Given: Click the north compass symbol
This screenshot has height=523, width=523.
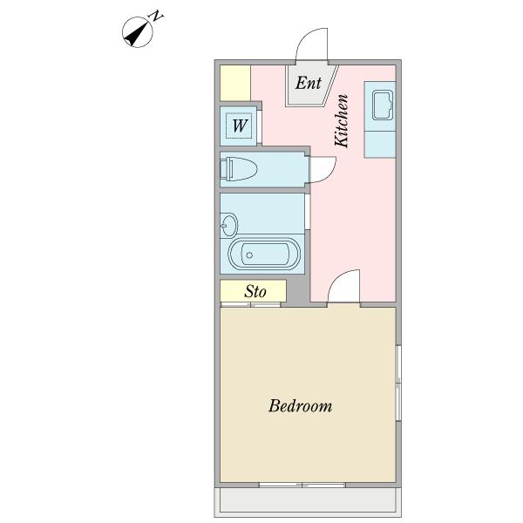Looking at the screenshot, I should (x=138, y=32).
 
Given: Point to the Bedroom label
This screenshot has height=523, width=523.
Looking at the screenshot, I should (x=300, y=406).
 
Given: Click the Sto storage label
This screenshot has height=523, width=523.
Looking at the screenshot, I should (x=254, y=291).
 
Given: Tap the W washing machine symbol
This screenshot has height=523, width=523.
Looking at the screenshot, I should (x=240, y=126).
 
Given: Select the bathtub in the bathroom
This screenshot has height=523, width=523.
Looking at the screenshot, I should (x=263, y=255).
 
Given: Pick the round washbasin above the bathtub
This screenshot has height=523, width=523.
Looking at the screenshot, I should (x=228, y=225).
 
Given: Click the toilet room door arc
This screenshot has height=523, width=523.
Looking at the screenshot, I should (x=321, y=168).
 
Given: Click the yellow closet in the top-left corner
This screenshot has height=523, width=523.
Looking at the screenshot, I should (x=234, y=83).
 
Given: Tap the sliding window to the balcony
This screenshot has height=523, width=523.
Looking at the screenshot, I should (x=303, y=484).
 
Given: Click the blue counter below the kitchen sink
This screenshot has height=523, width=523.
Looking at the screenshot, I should (x=380, y=142).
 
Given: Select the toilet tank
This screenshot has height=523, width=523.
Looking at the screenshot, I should (x=226, y=168).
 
